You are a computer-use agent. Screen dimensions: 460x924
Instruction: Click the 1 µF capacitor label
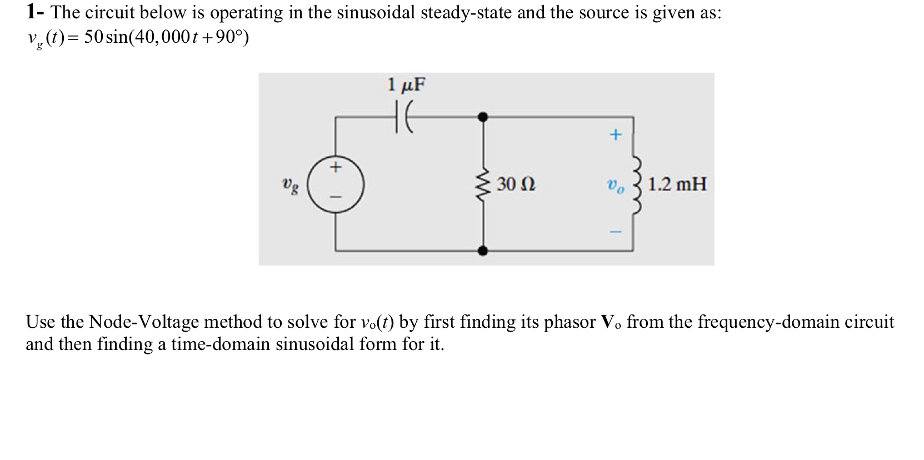[x=406, y=85]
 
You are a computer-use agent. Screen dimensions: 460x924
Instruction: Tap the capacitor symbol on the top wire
[x=404, y=118]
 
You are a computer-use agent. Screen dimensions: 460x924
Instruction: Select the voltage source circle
[x=336, y=184]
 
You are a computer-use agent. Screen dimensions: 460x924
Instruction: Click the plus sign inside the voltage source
[x=336, y=167]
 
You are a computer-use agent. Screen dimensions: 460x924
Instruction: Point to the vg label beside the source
[x=289, y=185]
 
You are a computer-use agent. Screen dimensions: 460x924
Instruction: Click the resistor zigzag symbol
[x=483, y=184]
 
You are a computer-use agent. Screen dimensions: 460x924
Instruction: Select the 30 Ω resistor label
[x=516, y=184]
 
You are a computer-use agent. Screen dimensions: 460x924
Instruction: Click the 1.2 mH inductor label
[x=677, y=184]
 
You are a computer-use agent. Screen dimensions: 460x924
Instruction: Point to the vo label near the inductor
[x=615, y=186]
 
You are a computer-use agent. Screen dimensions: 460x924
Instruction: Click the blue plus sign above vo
[x=615, y=135]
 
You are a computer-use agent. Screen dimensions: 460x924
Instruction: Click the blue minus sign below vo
[x=615, y=232]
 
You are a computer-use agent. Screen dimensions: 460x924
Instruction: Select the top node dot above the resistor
[x=483, y=117]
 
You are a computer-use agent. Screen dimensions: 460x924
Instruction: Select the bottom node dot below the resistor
[x=483, y=251]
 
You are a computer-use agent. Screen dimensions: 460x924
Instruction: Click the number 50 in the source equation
[x=93, y=38]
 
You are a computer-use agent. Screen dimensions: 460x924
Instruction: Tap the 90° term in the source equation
[x=228, y=38]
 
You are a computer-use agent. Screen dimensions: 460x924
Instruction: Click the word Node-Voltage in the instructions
[x=144, y=322]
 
